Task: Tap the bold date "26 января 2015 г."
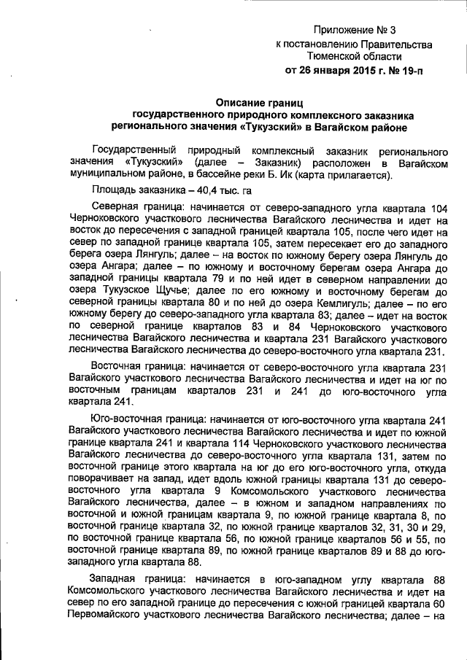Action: click(343, 71)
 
